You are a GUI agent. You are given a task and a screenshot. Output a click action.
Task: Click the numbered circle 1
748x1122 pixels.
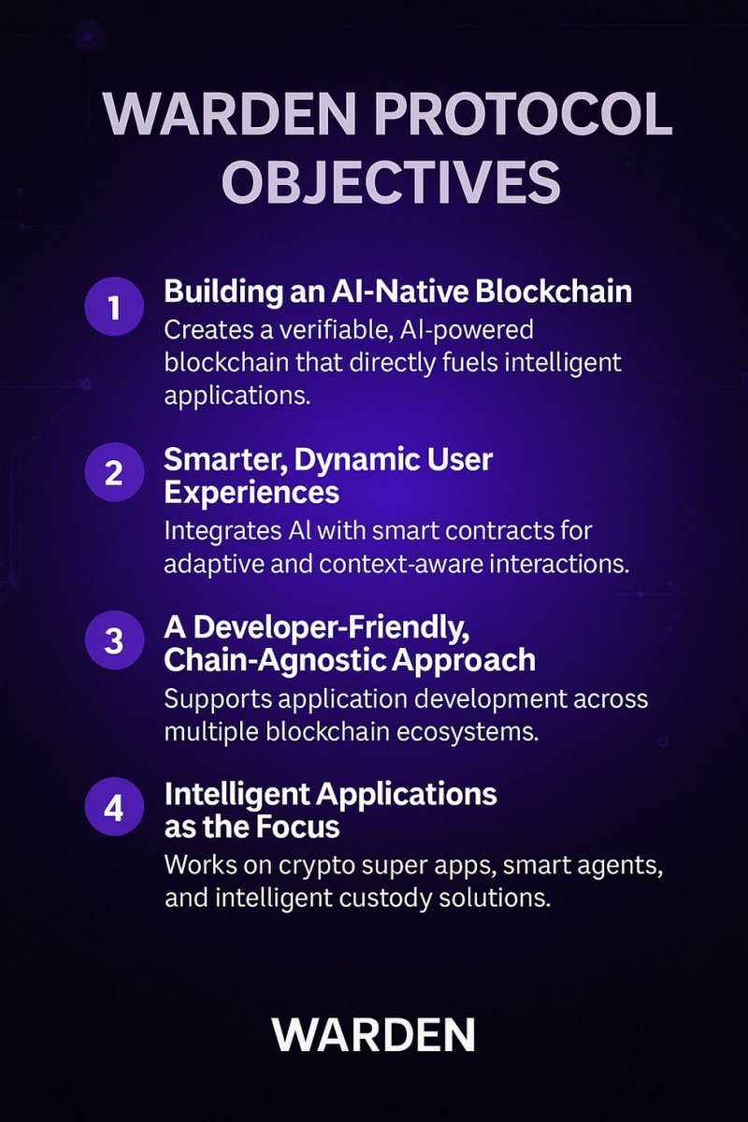coord(114,308)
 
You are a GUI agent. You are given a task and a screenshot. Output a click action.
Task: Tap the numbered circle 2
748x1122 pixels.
coord(114,473)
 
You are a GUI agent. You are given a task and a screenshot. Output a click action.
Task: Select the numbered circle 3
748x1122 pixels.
coord(114,640)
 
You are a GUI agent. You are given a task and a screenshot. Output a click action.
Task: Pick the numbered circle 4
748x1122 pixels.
coord(114,807)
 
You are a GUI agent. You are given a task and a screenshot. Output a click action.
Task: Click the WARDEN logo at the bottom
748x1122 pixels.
coord(374,1035)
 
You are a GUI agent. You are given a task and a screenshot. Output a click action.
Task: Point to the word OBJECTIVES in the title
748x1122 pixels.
coord(391,181)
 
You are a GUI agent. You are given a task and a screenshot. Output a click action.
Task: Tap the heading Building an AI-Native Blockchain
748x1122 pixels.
coord(398,291)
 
